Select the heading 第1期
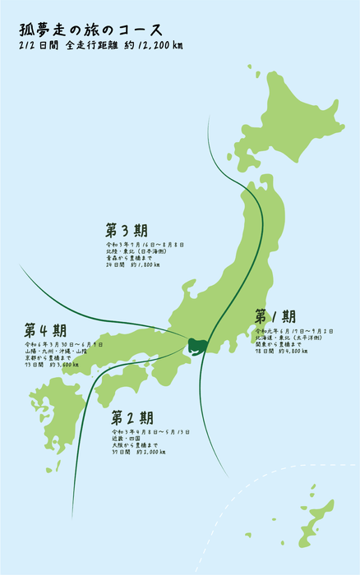tap(275, 317)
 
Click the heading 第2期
tap(131, 417)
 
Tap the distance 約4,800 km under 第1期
tap(293, 351)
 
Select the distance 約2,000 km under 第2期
tap(150, 452)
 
